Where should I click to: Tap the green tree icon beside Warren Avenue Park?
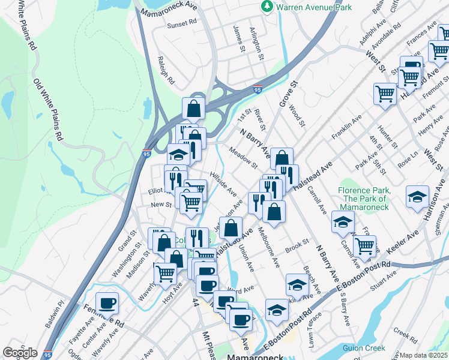(x=267, y=7)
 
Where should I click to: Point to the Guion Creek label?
(x=364, y=348)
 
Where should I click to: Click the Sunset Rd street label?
(x=182, y=23)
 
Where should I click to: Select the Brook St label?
(x=297, y=246)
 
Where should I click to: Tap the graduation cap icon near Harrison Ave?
(x=417, y=196)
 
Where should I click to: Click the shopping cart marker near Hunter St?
(x=385, y=93)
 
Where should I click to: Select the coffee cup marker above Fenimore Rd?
(x=107, y=302)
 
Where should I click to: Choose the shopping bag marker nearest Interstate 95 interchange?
(x=194, y=108)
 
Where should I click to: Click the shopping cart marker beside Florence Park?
(x=364, y=245)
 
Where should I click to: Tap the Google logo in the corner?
(x=20, y=353)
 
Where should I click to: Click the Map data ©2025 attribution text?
(x=424, y=355)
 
